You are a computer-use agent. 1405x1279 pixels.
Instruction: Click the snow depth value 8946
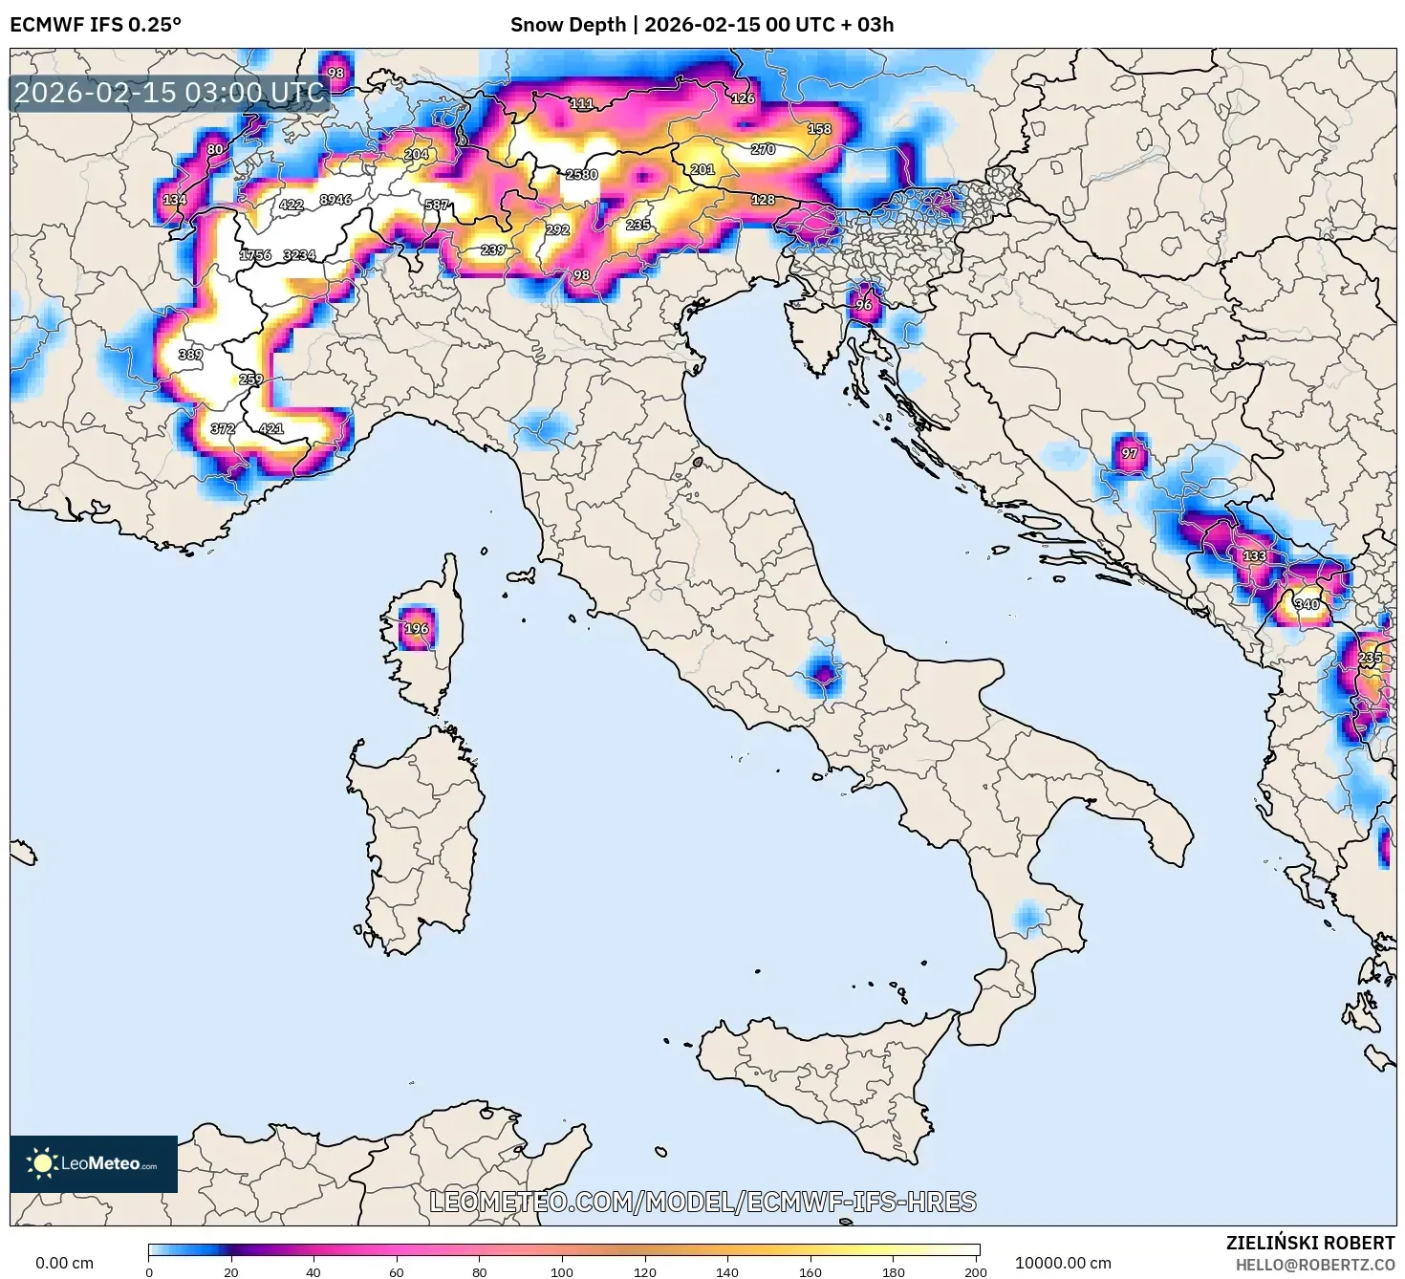tap(335, 200)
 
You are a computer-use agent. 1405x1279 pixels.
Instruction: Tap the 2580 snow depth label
tap(581, 175)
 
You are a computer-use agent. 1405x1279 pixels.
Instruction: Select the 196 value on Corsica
tap(416, 629)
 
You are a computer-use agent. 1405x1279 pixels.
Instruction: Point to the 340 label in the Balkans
tap(1307, 604)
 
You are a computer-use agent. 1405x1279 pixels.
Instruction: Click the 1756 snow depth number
tap(255, 255)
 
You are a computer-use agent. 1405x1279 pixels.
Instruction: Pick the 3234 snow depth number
tap(299, 255)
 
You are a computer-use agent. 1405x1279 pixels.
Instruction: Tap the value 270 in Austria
tap(763, 149)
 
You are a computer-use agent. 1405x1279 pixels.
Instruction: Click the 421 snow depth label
tap(271, 428)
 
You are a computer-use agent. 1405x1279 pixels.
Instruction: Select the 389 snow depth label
tap(190, 355)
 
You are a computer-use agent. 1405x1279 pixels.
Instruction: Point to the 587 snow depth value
tap(437, 206)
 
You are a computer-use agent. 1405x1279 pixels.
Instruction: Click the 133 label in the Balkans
tap(1254, 556)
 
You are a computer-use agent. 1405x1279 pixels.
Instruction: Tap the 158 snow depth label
tap(819, 129)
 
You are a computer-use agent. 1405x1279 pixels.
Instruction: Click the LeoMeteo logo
tap(94, 1163)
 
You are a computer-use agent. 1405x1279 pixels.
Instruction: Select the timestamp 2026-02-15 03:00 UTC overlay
tap(170, 93)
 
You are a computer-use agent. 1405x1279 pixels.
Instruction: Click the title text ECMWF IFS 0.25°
tap(96, 25)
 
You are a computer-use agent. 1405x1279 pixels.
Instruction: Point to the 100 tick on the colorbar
tap(562, 1271)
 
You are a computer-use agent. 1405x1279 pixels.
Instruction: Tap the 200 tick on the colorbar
tap(975, 1271)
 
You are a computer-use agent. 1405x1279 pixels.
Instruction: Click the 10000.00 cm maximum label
tap(1063, 1263)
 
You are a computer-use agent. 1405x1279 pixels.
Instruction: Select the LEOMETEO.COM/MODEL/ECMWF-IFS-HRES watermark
tap(702, 1202)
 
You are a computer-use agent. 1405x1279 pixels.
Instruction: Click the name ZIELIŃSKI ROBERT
tap(1309, 1243)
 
